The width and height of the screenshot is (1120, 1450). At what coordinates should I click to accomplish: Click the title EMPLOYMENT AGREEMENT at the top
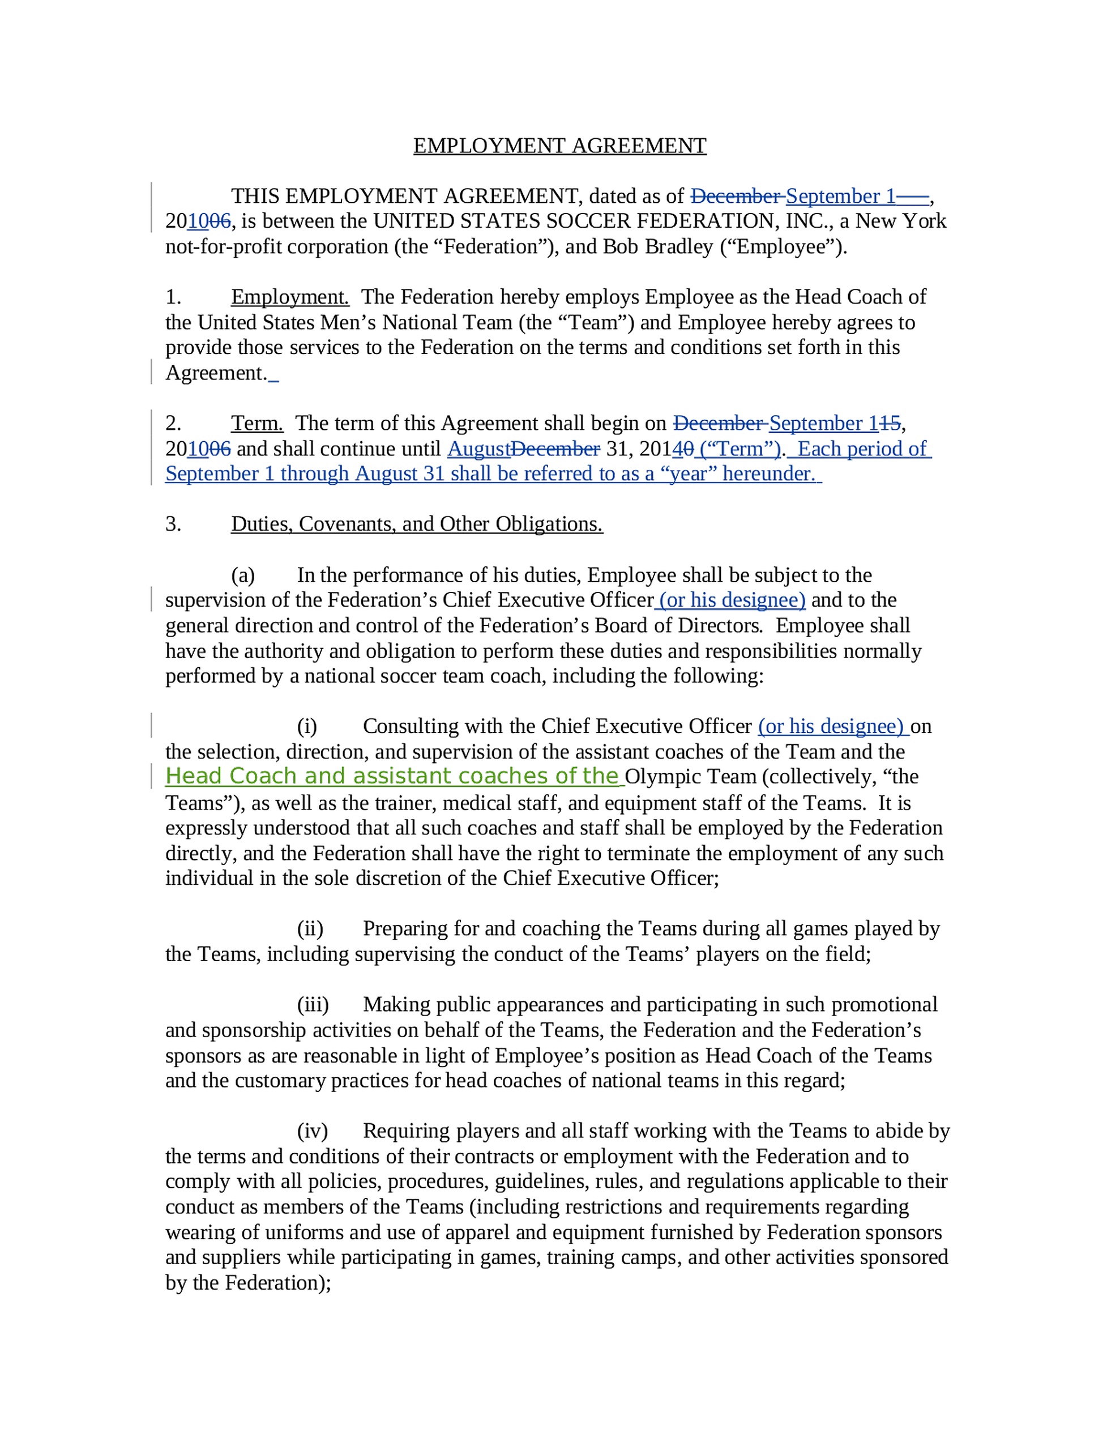(559, 146)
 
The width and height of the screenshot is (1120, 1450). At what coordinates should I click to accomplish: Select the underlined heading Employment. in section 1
(289, 297)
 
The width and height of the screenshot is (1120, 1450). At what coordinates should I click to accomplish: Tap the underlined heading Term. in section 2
(257, 423)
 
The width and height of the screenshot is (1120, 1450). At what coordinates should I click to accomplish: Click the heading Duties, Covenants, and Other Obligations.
(416, 524)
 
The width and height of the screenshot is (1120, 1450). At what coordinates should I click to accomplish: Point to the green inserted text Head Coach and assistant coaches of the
(392, 776)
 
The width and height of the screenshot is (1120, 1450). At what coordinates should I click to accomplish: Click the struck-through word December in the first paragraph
(736, 196)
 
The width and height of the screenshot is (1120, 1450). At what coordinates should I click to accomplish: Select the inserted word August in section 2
(478, 449)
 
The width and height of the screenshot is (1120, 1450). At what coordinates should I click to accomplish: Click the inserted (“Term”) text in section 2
(740, 449)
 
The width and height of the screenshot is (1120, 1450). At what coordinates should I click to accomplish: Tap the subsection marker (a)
(243, 575)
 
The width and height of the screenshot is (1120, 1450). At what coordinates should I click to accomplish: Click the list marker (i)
(307, 726)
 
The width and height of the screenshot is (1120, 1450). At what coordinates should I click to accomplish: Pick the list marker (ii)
(310, 928)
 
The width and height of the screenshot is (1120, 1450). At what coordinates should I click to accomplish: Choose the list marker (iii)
(313, 1004)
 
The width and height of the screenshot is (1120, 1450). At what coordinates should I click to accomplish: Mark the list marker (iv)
(312, 1131)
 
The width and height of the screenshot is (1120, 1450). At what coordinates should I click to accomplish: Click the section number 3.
(173, 524)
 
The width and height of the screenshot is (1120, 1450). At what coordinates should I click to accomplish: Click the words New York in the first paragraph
(900, 221)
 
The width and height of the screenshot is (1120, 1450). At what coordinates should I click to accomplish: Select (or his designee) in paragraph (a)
(732, 600)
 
